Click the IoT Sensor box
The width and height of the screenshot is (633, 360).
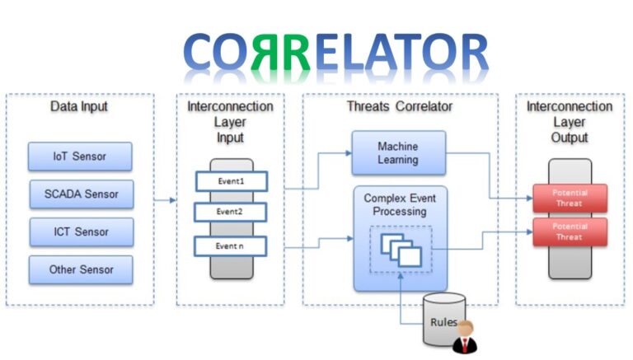point(80,157)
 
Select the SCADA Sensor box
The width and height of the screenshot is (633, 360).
point(80,194)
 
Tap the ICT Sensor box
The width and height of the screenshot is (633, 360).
point(80,231)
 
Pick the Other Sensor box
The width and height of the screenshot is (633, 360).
point(80,269)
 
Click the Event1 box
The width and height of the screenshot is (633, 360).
point(231,180)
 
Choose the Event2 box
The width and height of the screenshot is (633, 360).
point(231,212)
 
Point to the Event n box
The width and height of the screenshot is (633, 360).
point(231,245)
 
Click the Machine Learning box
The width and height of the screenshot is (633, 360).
point(398,152)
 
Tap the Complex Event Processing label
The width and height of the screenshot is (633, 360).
point(400,204)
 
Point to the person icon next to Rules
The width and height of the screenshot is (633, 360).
point(467,337)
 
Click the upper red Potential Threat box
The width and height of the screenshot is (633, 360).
point(569,198)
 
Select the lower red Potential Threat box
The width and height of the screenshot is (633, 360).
point(569,231)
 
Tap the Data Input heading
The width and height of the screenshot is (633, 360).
point(79,107)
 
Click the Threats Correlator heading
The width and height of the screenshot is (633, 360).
point(400,107)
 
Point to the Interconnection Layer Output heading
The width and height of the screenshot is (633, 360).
point(570,122)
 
